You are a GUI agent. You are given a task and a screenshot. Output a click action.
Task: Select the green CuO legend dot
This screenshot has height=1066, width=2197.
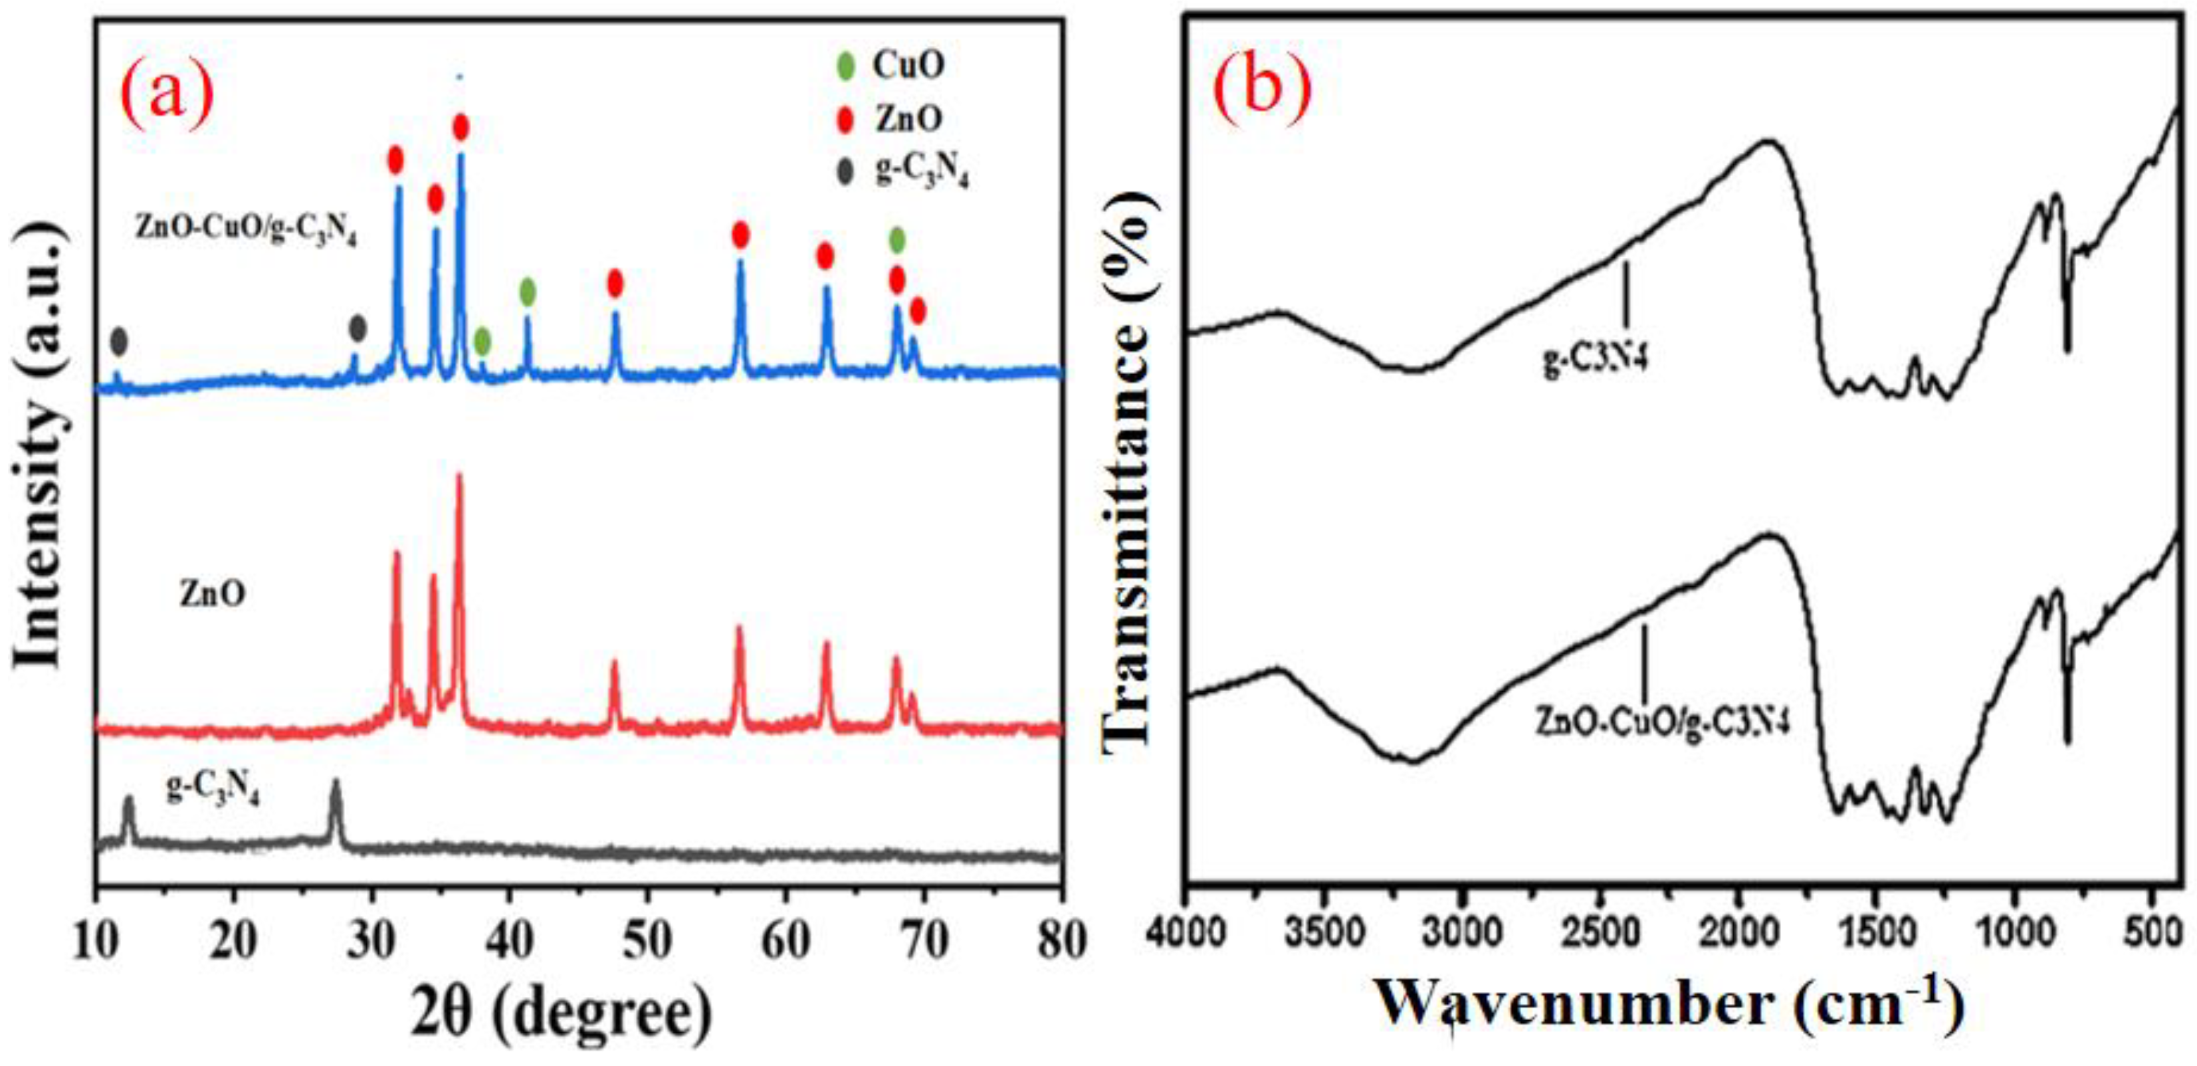(x=845, y=67)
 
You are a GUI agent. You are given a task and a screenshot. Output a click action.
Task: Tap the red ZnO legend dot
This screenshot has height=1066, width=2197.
(x=845, y=120)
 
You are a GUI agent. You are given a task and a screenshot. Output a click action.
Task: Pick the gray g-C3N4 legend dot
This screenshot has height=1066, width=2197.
(x=845, y=173)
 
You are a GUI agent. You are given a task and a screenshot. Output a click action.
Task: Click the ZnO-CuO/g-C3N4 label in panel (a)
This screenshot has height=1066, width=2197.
(x=246, y=229)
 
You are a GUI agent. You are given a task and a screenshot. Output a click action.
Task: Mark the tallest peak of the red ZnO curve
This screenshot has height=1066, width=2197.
(x=460, y=478)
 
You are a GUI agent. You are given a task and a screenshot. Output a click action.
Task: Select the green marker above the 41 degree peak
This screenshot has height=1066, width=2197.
(x=528, y=292)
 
